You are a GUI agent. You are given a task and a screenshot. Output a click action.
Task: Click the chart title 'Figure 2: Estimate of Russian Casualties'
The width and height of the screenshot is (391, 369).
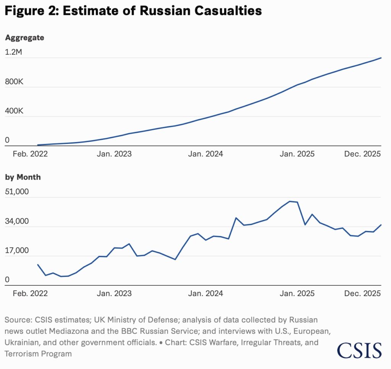(133, 11)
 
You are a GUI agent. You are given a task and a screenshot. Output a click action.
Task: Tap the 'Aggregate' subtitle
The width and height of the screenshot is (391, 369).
(24, 38)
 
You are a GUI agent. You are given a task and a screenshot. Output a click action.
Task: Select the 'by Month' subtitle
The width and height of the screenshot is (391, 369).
(23, 177)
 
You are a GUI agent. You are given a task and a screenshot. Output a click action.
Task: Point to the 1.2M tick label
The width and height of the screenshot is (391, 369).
(14, 53)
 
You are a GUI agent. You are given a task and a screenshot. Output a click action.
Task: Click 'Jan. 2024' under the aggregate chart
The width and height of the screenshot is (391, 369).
(207, 154)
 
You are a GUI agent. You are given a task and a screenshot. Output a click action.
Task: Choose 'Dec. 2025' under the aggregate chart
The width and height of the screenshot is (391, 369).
(362, 154)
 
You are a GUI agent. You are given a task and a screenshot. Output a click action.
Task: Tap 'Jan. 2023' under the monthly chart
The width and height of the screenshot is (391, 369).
(115, 293)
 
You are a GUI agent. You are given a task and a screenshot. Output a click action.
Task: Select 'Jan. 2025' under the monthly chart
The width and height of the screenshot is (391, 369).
(297, 293)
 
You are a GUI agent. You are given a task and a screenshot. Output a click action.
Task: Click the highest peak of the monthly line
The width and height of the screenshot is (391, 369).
(290, 201)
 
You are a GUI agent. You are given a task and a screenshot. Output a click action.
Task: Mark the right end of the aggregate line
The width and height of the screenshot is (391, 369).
(381, 58)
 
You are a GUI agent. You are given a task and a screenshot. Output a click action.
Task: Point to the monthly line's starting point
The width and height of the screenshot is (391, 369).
(37, 265)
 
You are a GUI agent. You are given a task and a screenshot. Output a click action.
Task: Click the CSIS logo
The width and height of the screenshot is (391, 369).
(359, 350)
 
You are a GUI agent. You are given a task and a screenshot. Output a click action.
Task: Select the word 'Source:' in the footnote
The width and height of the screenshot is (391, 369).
(19, 319)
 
